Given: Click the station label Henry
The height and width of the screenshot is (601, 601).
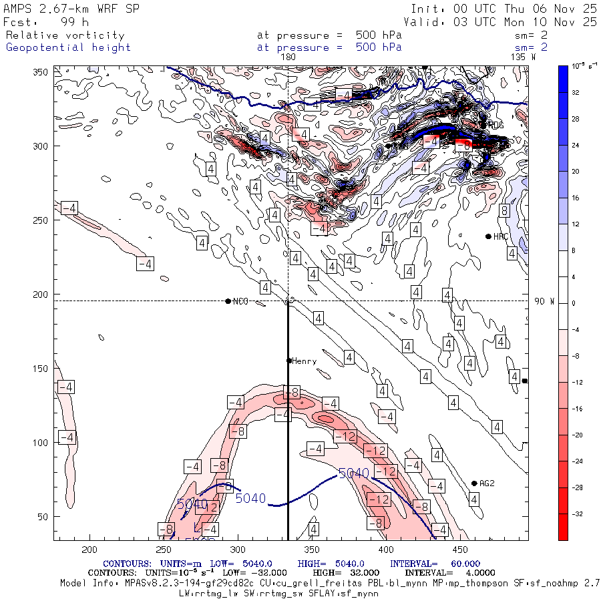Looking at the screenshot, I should click(x=304, y=361).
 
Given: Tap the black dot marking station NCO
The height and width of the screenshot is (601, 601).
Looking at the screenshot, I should click(x=228, y=301).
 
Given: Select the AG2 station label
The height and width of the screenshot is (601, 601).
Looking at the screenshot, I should click(x=487, y=483).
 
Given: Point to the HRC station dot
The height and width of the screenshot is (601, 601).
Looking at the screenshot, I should click(x=488, y=236).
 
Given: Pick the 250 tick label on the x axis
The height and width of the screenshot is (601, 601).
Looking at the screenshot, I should click(x=164, y=550).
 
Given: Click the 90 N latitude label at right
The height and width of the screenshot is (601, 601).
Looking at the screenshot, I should click(x=545, y=301).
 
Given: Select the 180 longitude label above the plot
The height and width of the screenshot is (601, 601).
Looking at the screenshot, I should click(x=288, y=57).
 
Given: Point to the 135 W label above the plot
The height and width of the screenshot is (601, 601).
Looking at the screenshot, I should click(x=523, y=57).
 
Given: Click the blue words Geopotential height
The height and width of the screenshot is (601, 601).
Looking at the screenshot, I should click(x=69, y=47).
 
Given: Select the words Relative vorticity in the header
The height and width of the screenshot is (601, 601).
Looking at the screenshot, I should click(x=65, y=35).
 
